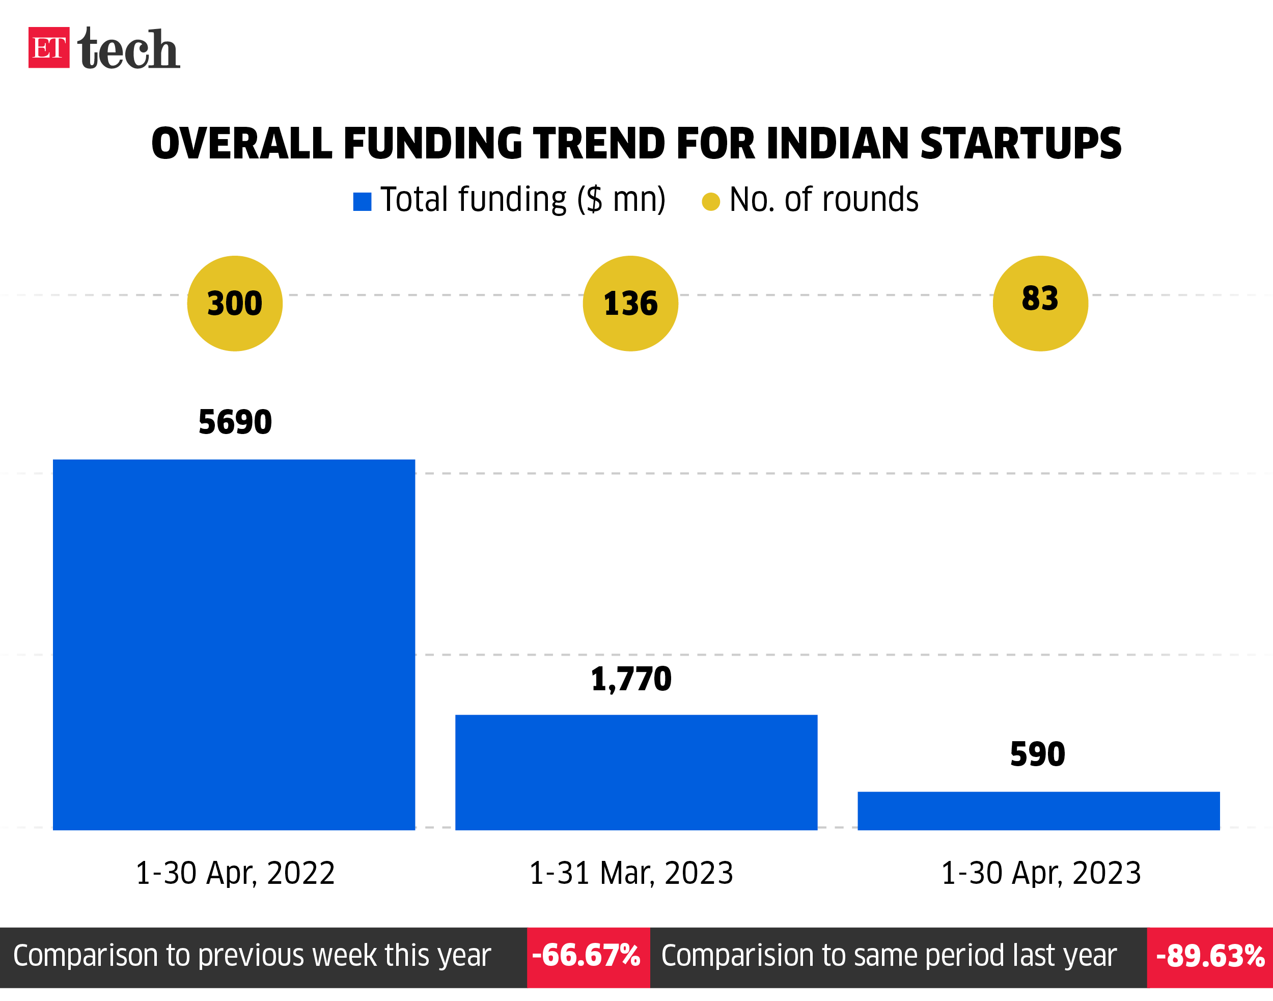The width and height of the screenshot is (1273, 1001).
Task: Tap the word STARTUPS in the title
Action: pyautogui.click(x=1020, y=144)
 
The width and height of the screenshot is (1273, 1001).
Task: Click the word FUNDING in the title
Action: pyautogui.click(x=432, y=144)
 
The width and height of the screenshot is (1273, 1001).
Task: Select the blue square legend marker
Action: pyautogui.click(x=362, y=202)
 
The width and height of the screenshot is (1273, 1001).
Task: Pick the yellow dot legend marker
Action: pyautogui.click(x=711, y=202)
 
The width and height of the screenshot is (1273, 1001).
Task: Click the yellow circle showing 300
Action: pyautogui.click(x=235, y=304)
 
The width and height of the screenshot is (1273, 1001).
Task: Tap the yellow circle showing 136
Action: pyautogui.click(x=630, y=304)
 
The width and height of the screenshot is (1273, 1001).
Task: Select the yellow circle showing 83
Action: pyautogui.click(x=1040, y=304)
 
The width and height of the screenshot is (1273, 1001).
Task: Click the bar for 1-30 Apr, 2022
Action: pyautogui.click(x=234, y=645)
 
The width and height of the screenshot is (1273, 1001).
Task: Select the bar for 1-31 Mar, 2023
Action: pyautogui.click(x=636, y=772)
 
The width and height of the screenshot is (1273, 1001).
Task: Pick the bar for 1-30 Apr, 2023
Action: pyautogui.click(x=1039, y=811)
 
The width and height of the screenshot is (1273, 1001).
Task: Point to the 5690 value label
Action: pyautogui.click(x=235, y=422)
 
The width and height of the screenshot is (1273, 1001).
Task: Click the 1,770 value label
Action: pyautogui.click(x=631, y=679)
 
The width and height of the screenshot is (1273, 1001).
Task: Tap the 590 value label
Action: pyautogui.click(x=1038, y=754)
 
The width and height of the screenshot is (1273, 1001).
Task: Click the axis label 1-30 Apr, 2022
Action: pyautogui.click(x=235, y=873)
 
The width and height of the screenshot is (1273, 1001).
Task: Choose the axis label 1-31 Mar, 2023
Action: pyautogui.click(x=631, y=873)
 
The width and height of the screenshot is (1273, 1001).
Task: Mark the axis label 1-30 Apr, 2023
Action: pyautogui.click(x=1041, y=873)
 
